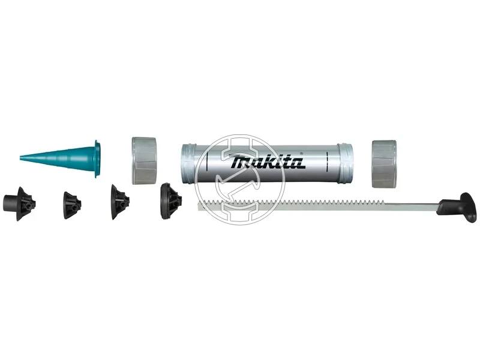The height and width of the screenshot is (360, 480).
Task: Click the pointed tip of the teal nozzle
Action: pyautogui.click(x=20, y=157)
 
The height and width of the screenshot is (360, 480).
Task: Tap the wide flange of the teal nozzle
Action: pyautogui.click(x=98, y=159)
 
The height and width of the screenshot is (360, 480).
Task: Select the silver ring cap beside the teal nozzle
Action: pyautogui.click(x=145, y=161)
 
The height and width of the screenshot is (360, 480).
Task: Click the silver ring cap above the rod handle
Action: pyautogui.click(x=384, y=164)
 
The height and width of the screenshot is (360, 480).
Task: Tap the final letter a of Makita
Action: pyautogui.click(x=298, y=163)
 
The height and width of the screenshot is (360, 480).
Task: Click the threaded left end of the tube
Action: pyautogui.click(x=187, y=163)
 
